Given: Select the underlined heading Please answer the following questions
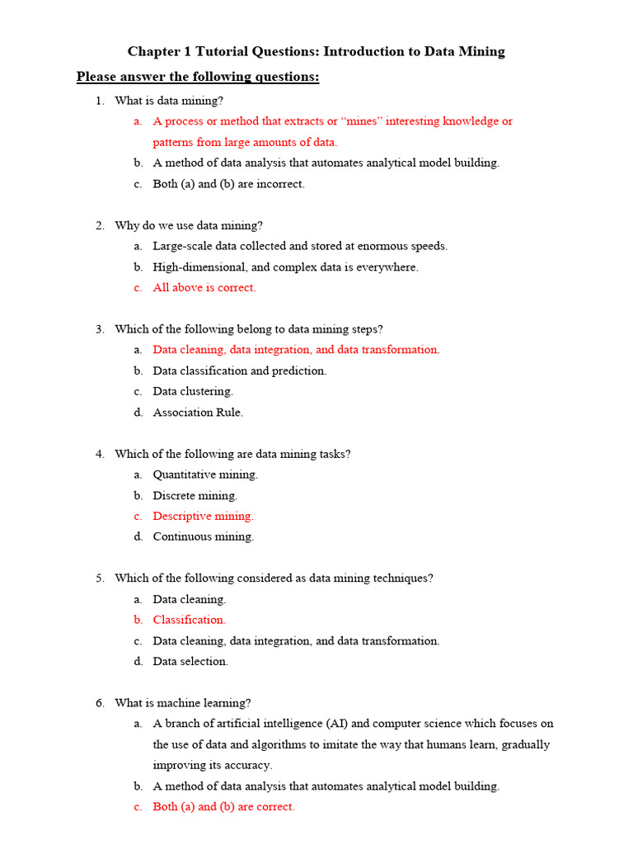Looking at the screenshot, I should (198, 78).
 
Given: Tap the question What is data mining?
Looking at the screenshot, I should (169, 101).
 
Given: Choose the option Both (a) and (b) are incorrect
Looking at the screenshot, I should (228, 184).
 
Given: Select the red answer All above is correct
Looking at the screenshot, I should (204, 288).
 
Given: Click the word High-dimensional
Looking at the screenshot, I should (195, 267).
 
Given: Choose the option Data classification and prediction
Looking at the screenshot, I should (240, 371).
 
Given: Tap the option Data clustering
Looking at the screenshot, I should (193, 391).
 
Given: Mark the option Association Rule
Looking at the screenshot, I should (198, 413).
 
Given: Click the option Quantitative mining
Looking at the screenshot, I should (205, 474).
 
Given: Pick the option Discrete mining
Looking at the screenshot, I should (195, 496).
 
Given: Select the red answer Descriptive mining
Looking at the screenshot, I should (203, 517).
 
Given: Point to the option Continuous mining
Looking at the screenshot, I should (203, 536).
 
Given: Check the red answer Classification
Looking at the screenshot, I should (189, 620).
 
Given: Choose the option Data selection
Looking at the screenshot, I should (190, 661).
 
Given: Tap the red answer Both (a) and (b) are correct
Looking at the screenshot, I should (223, 807).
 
